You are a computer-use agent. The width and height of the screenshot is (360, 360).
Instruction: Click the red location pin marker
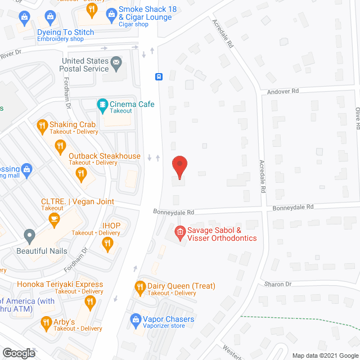(x=179, y=167)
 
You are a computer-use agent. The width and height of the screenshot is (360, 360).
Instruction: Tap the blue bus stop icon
(x=159, y=76)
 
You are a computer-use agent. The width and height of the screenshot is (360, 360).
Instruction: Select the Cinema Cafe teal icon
(x=102, y=104)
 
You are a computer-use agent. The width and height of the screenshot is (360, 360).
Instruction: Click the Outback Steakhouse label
(x=104, y=156)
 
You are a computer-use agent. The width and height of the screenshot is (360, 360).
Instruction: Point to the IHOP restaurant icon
(x=107, y=243)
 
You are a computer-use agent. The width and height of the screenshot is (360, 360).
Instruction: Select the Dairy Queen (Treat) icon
(x=140, y=286)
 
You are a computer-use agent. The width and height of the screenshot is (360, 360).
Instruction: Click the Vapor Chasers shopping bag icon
(x=134, y=319)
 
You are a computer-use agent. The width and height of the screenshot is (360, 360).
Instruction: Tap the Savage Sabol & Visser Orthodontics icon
(x=180, y=231)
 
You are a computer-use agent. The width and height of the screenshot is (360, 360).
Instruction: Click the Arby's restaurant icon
(x=47, y=322)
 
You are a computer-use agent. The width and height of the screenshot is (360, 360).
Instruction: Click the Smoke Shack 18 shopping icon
(x=111, y=11)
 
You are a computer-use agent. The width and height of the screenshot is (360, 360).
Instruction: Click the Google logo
(x=18, y=353)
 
